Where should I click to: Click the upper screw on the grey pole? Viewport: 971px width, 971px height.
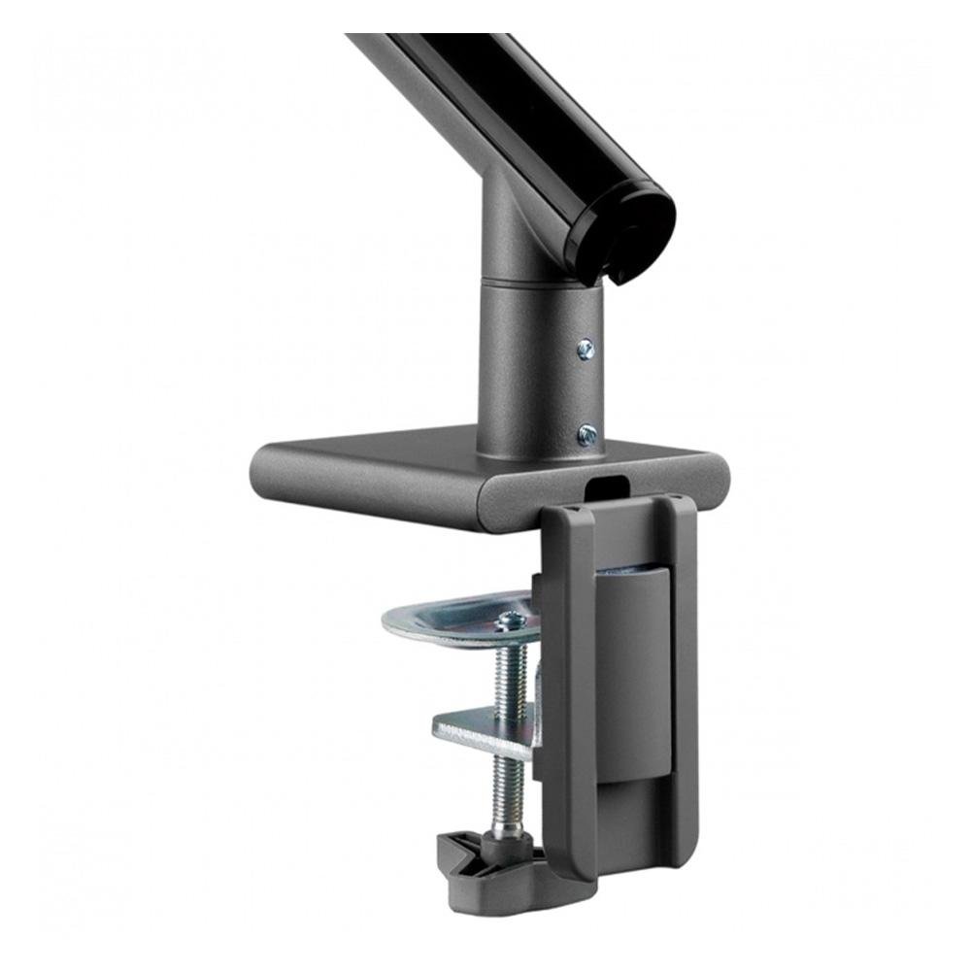(586, 350)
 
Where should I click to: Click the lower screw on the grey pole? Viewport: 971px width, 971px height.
(586, 434)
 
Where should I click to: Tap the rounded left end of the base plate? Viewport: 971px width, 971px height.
(267, 476)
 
